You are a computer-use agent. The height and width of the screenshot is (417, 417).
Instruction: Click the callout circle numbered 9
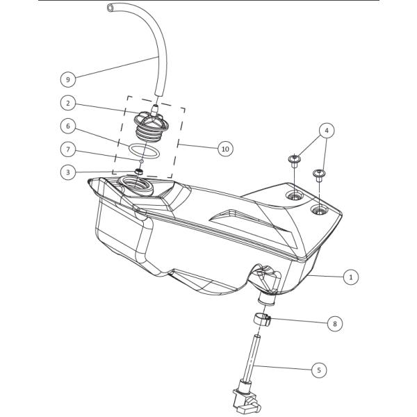(68, 79)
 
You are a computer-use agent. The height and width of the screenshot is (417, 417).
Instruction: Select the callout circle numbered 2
(68, 103)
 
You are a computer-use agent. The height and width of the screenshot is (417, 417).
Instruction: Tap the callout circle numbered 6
(68, 126)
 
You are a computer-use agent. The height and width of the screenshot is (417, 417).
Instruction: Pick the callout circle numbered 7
(68, 149)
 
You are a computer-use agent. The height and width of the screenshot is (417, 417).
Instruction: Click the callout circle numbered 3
(68, 172)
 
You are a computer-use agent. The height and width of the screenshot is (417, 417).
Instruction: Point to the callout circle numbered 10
(225, 149)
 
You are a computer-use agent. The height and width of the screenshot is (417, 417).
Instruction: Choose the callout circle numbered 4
(327, 131)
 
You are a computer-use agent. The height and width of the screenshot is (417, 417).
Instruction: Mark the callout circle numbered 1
(351, 277)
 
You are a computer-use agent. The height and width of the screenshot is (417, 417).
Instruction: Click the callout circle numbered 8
(334, 323)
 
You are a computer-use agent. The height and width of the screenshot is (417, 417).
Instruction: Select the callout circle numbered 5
(319, 370)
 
